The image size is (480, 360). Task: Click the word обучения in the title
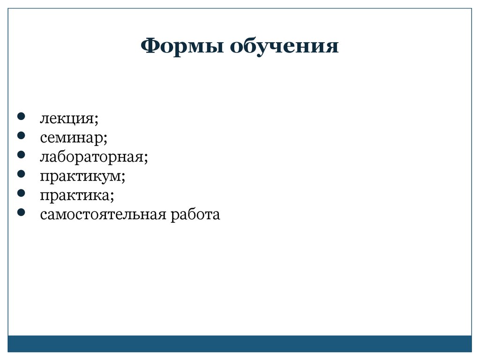tap(284, 46)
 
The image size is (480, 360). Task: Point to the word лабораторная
tap(92, 157)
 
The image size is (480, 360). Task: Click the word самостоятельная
tap(103, 215)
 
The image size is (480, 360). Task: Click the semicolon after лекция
tap(97, 120)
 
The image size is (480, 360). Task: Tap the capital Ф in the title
tap(150, 46)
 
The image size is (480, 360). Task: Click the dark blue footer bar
tap(240, 344)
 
